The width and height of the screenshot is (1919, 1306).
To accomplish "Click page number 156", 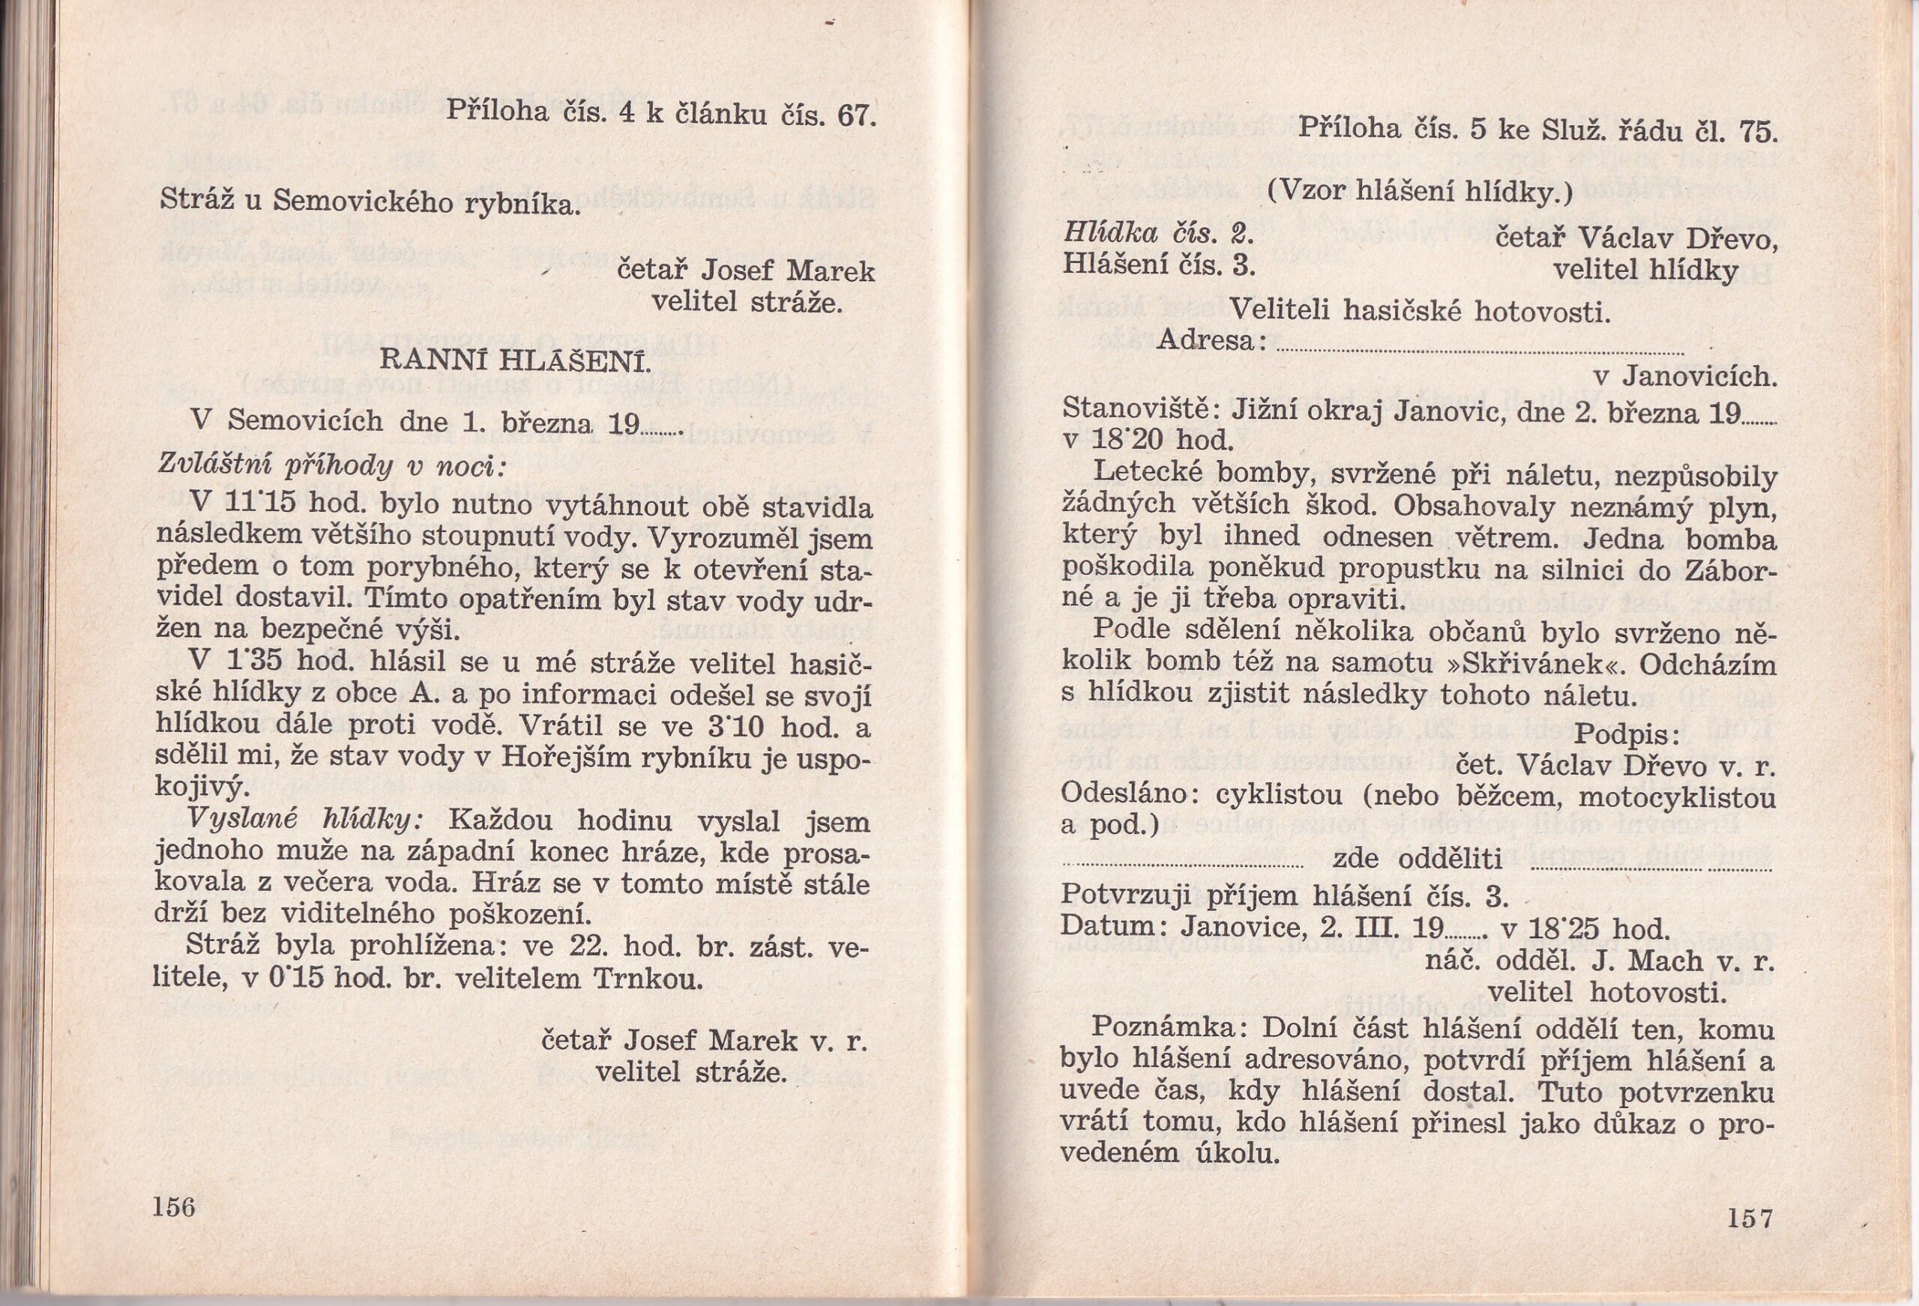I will pyautogui.click(x=173, y=1206).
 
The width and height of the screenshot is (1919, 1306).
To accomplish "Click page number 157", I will pyautogui.click(x=1747, y=1219).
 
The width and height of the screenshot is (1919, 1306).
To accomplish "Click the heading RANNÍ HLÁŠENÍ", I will pyautogui.click(x=513, y=360).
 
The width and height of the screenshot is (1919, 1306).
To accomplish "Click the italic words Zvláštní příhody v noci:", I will pyautogui.click(x=331, y=466).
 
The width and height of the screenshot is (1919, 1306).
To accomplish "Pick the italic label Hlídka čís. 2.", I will pyautogui.click(x=1157, y=235).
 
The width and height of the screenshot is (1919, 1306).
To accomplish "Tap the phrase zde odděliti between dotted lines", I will pyautogui.click(x=1417, y=859).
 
